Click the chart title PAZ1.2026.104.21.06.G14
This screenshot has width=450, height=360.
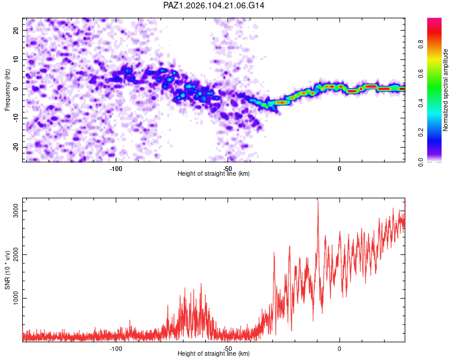[x=214, y=5]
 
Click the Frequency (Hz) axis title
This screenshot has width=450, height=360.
[x=7, y=90]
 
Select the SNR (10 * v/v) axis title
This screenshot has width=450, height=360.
[x=7, y=270]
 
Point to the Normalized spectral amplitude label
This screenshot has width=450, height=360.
[x=445, y=90]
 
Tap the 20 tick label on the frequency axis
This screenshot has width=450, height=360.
[x=16, y=31]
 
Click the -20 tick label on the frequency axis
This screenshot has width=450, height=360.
[x=16, y=147]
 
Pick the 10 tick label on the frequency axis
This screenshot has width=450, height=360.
[x=16, y=59]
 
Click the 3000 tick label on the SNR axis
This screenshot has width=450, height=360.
[x=16, y=211]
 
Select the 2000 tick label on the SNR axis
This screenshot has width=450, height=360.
[x=16, y=254]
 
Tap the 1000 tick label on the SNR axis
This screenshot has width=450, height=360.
[x=16, y=299]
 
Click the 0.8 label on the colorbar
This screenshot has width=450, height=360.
[x=421, y=44]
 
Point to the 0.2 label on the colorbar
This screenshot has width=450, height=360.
[x=421, y=133]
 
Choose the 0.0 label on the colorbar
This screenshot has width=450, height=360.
[x=421, y=162]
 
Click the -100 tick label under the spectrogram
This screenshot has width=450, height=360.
[x=116, y=169]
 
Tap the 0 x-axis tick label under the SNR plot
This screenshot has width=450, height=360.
[x=340, y=349]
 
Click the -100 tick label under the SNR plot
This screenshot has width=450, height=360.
[x=116, y=349]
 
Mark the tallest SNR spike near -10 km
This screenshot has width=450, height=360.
[x=317, y=202]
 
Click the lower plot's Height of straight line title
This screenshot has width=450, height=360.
[x=214, y=353]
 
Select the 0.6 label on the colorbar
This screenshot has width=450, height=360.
[x=421, y=73]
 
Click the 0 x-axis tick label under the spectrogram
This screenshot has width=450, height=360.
[x=340, y=169]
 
